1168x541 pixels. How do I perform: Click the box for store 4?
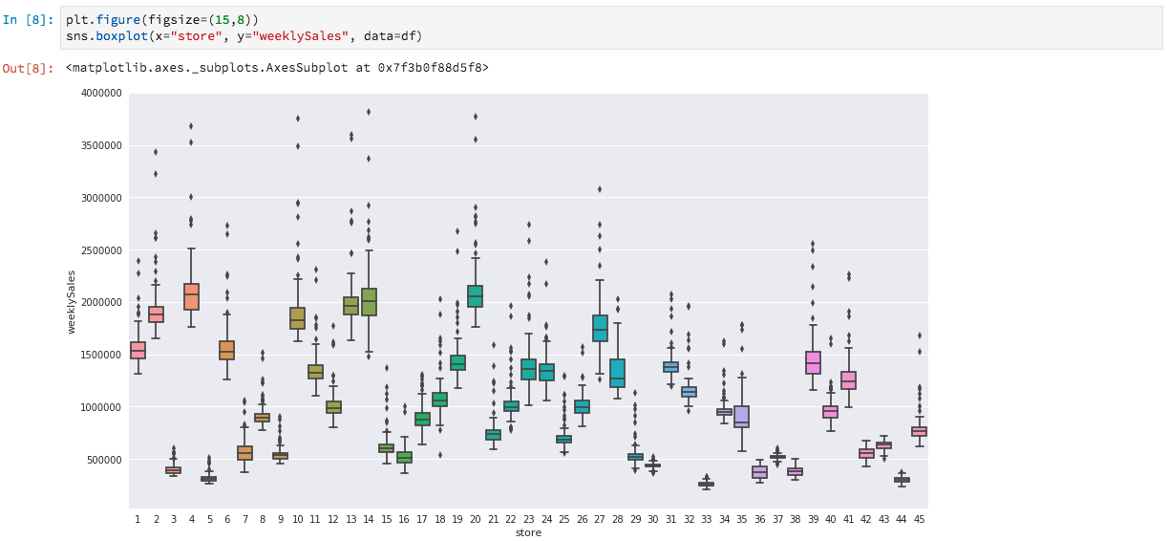(x=191, y=296)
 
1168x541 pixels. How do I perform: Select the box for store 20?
(x=475, y=296)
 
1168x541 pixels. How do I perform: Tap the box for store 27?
(x=600, y=328)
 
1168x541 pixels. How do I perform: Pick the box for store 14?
(x=369, y=302)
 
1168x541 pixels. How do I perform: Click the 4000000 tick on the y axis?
(x=102, y=94)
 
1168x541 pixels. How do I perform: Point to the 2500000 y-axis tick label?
(x=102, y=250)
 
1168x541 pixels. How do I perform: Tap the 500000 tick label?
(x=105, y=460)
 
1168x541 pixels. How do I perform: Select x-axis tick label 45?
(x=919, y=519)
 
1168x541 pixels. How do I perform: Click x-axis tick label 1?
(x=138, y=519)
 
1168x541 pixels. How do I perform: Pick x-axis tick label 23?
(x=528, y=519)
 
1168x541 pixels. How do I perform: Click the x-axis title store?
(x=528, y=532)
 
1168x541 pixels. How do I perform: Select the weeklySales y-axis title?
(x=72, y=302)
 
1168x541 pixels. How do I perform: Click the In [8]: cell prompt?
(x=28, y=20)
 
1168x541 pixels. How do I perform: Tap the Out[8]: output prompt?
(x=28, y=68)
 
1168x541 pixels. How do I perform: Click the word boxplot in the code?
(x=121, y=36)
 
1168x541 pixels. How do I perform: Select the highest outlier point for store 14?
(x=369, y=112)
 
